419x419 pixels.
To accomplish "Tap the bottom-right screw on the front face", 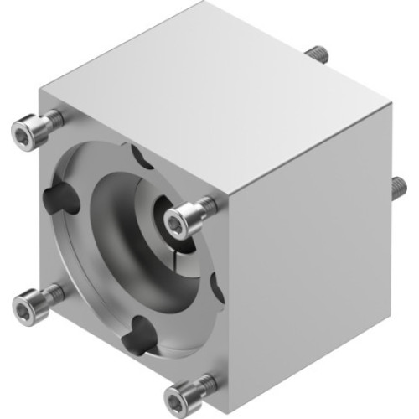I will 184,390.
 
